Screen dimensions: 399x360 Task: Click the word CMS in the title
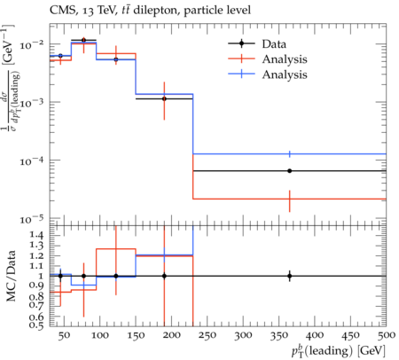tap(60, 11)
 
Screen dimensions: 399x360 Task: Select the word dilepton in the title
tap(157, 11)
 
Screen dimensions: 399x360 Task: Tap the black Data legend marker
tap(241, 43)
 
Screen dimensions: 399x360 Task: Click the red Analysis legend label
tap(285, 59)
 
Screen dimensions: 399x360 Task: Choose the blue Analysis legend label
tap(285, 74)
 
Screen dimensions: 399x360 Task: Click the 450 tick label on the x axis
tap(350, 335)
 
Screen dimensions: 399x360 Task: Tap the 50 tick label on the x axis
tap(64, 335)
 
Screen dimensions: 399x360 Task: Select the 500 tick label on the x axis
tap(387, 335)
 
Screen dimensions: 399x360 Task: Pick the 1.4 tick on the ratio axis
tap(37, 235)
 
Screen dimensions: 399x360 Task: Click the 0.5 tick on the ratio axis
tap(37, 325)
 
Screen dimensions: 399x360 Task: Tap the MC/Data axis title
tap(11, 276)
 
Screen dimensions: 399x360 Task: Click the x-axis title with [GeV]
tap(339, 351)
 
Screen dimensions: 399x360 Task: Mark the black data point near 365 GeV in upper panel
tap(290, 171)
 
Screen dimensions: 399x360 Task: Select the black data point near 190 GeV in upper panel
tap(164, 98)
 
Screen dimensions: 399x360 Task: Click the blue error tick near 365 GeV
tap(290, 154)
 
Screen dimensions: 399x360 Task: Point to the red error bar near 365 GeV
tap(290, 201)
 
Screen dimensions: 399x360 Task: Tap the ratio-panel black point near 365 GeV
tap(290, 276)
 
